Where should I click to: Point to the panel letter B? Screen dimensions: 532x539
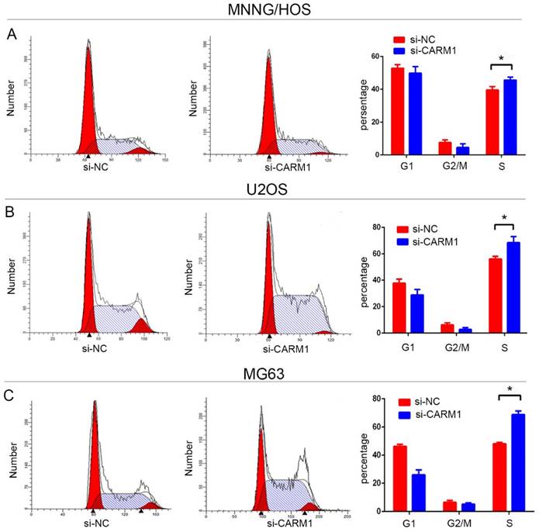pos(10,209)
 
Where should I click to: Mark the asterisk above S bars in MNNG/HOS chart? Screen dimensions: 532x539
pos(503,59)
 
